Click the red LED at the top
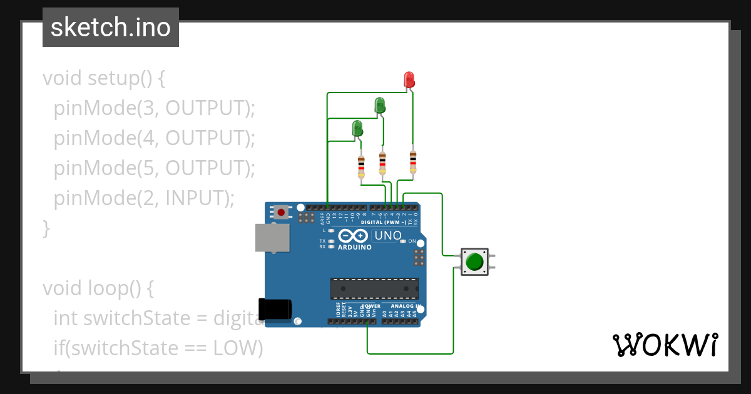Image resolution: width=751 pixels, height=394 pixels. [x=409, y=79]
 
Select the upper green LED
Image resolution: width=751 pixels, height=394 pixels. [x=379, y=105]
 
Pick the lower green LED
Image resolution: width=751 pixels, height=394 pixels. [x=357, y=128]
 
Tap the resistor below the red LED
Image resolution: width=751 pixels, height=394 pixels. [x=412, y=162]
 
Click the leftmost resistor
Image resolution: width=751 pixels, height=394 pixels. [x=361, y=167]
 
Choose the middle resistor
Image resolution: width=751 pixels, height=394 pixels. [x=382, y=163]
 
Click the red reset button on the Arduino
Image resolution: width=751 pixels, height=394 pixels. [x=281, y=212]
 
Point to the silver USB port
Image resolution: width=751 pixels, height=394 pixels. [x=272, y=238]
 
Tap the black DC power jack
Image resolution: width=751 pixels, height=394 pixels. [x=275, y=310]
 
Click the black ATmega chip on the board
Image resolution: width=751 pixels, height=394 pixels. [x=374, y=288]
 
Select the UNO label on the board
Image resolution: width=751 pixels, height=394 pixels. [x=387, y=236]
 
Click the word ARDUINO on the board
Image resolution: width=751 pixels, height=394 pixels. [x=354, y=247]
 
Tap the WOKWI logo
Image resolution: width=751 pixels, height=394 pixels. [x=665, y=345]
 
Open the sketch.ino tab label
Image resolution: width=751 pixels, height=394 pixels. [x=111, y=28]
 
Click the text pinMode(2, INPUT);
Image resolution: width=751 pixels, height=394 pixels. [x=144, y=198]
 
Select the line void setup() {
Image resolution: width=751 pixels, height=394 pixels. [x=104, y=78]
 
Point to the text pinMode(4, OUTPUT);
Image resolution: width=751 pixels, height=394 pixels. [x=155, y=138]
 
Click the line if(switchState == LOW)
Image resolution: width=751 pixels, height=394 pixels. [x=158, y=348]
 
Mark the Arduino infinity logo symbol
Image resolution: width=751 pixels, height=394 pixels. [x=354, y=236]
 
